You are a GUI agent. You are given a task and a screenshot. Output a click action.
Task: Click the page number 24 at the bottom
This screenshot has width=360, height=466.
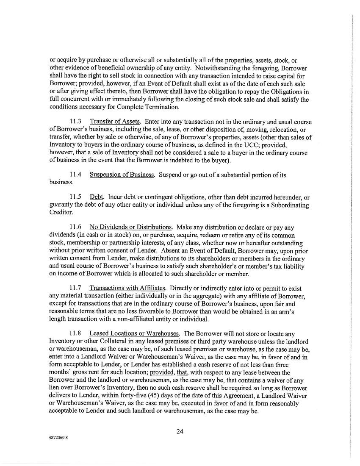tap(180, 432)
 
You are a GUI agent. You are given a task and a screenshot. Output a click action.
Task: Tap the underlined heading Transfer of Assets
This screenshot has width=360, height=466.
tap(114, 122)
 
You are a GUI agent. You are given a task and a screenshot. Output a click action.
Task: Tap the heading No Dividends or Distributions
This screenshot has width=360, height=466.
tap(130, 227)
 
